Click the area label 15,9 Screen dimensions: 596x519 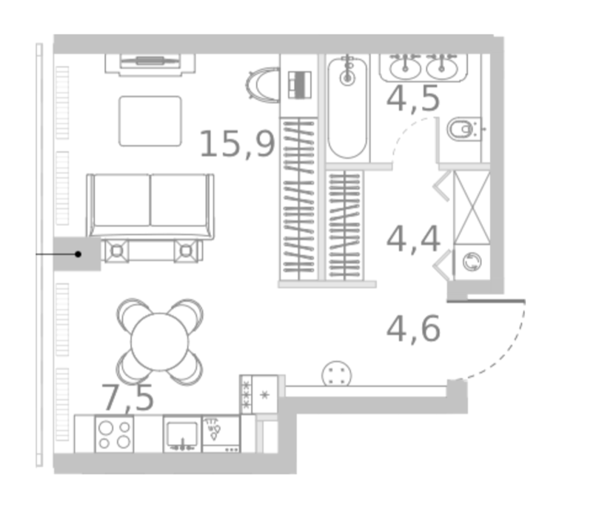pos(237,144)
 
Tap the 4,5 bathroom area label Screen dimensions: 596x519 pos(413,99)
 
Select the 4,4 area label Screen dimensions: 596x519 pos(413,239)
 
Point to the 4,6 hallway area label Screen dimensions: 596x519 pos(413,328)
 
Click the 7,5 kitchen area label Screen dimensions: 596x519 pos(127,397)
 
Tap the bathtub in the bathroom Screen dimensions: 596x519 pos(347,108)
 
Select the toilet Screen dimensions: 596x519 pos(463,130)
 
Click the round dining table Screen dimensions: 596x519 pos(160,342)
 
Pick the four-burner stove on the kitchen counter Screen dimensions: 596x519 pos(115,434)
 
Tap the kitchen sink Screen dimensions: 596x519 pos(182,434)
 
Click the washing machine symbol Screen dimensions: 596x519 pos(472,262)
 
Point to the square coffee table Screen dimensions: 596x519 pos(150,121)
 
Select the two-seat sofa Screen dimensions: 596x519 pos(150,206)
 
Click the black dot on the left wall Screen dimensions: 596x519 pos(78,254)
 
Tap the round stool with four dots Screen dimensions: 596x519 pos(336,374)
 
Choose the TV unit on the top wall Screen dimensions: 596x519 pos(150,64)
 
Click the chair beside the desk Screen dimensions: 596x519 pos(262,85)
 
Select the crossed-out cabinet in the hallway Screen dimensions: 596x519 pos(472,208)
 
